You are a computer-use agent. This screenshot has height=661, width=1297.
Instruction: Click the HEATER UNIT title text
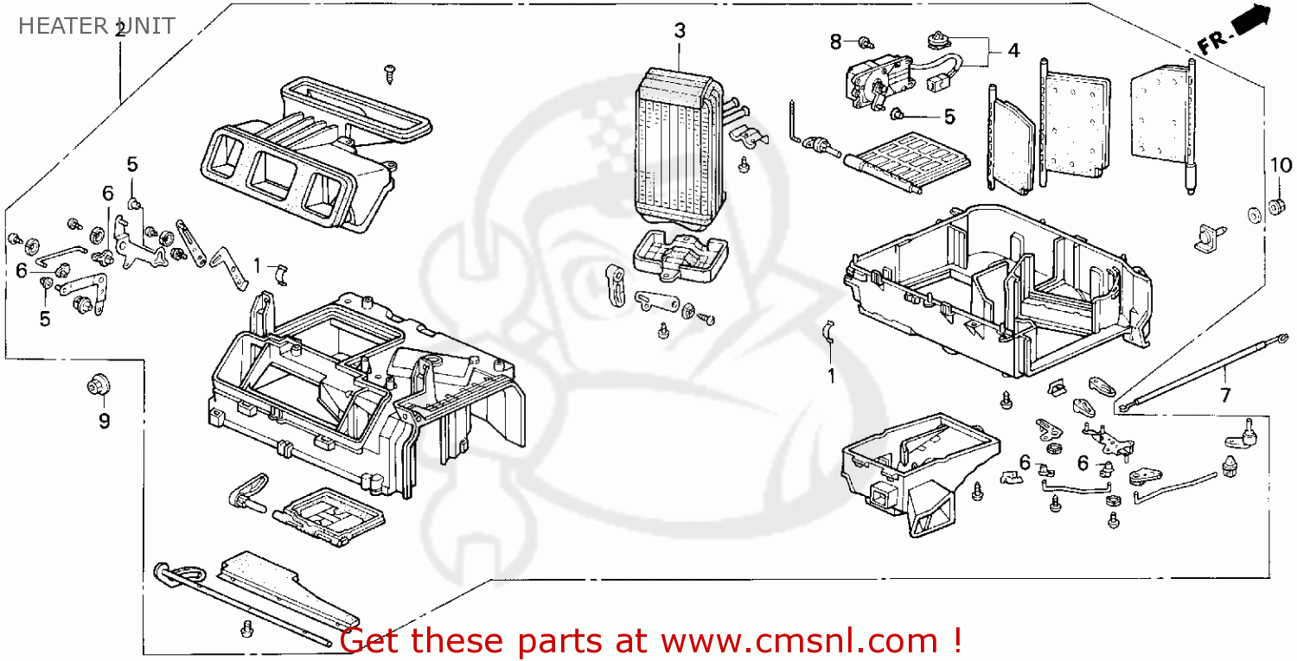(95, 26)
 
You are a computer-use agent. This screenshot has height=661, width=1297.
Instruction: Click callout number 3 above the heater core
(680, 31)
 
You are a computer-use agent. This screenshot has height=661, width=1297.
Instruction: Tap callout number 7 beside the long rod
(1224, 396)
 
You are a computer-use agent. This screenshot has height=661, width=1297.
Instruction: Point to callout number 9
(104, 422)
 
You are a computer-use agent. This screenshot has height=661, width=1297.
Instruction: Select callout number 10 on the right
(1281, 165)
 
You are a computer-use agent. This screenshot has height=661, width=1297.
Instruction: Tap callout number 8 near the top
(835, 41)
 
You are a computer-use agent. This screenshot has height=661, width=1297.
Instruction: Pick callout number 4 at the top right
(1013, 51)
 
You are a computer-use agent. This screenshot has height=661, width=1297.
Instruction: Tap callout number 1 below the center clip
(831, 376)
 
